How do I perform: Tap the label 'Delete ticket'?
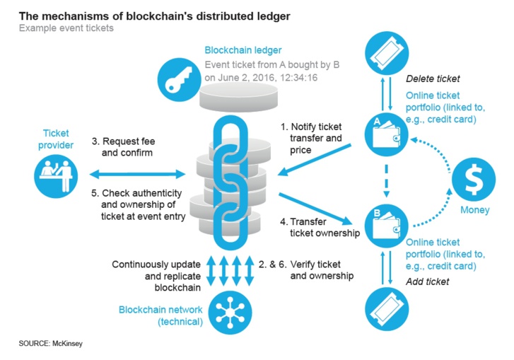[433, 79]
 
